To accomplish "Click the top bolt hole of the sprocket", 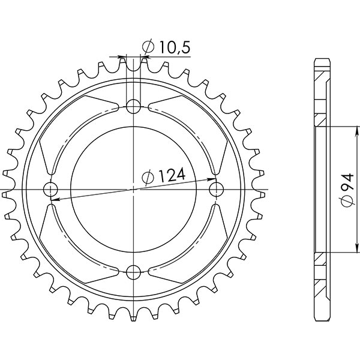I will click(133, 107).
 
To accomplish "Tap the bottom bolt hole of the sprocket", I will click(133, 273).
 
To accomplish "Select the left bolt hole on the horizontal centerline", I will click(50, 190).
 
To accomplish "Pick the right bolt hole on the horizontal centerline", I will click(216, 190).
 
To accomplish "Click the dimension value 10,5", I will click(174, 47).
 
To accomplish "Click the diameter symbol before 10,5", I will click(148, 47).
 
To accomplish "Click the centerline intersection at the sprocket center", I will click(133, 190).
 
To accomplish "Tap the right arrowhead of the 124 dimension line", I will click(212, 179).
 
